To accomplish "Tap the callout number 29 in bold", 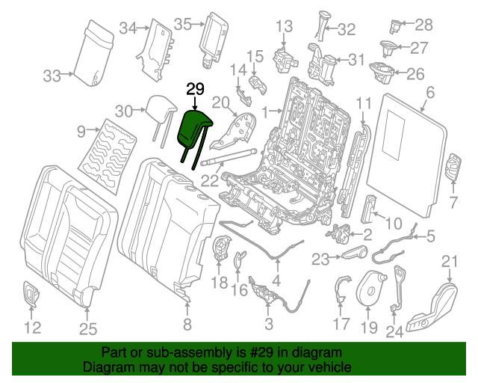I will (195, 89).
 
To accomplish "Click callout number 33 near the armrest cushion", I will (52, 76).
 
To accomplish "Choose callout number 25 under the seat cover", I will (88, 327).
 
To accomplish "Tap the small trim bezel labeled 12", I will (31, 293).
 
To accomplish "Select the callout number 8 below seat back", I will (187, 324).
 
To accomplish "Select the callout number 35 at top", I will (183, 24).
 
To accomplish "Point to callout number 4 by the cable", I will (276, 281).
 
